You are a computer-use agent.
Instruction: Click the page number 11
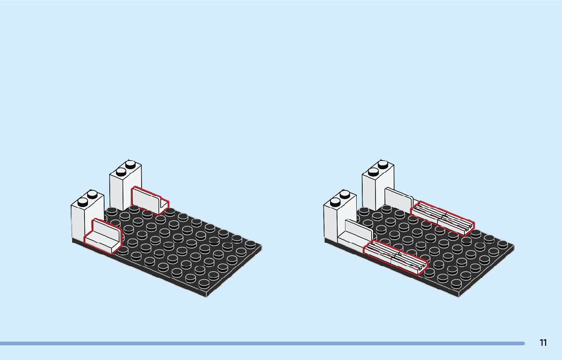543,343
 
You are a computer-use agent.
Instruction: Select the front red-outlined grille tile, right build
395,256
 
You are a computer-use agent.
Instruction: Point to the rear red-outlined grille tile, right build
442,218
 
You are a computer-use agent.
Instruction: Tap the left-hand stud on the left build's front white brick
82,201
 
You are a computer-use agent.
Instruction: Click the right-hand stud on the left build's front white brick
92,194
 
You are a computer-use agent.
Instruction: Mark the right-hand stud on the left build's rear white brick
131,164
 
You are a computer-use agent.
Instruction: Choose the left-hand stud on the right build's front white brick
335,202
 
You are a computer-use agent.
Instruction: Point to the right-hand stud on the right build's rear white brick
383,164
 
